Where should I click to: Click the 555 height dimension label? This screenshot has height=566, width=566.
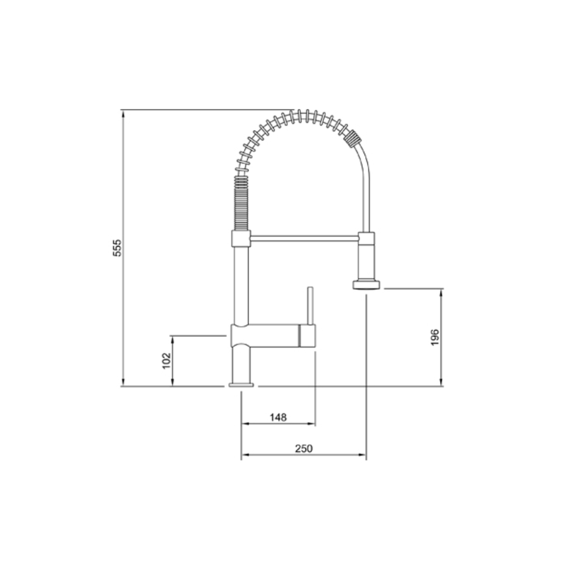coord(117,248)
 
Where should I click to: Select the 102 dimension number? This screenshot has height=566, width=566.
coord(166,361)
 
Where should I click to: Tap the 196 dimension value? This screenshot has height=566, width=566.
coord(435,337)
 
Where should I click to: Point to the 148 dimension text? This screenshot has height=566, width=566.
coord(278,417)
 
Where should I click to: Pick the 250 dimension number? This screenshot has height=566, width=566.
coord(304,449)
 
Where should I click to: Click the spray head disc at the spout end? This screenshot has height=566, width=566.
coord(366,284)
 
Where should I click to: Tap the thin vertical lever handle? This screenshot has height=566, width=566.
coord(310,306)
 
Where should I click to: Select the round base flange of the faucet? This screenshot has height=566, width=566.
coord(241,385)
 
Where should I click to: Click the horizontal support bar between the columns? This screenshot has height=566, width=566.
coord(304,238)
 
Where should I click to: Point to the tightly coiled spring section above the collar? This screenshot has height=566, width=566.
coord(241,203)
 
